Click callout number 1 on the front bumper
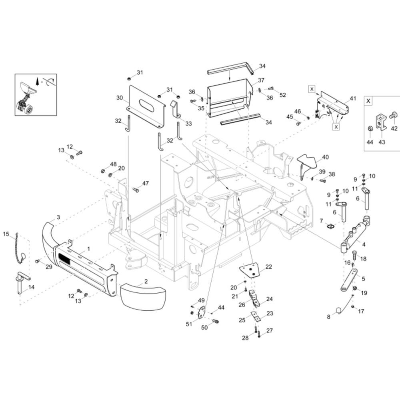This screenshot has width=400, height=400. (88, 249)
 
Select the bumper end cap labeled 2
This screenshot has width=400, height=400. (143, 296)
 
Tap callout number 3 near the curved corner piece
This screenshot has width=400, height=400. (58, 217)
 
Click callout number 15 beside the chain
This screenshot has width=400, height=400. (6, 234)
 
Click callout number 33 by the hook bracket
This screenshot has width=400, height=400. (188, 124)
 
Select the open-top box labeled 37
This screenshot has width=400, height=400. (229, 98)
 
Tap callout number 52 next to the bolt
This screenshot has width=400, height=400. (283, 95)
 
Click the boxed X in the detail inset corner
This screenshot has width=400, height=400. (368, 101)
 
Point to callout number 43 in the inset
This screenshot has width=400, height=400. (382, 142)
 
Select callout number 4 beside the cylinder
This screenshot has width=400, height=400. (364, 244)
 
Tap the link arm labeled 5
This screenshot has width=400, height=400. (349, 280)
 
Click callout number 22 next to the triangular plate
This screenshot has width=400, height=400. (269, 266)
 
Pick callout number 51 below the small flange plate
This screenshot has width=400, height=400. (189, 324)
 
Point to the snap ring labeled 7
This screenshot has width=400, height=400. (331, 226)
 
